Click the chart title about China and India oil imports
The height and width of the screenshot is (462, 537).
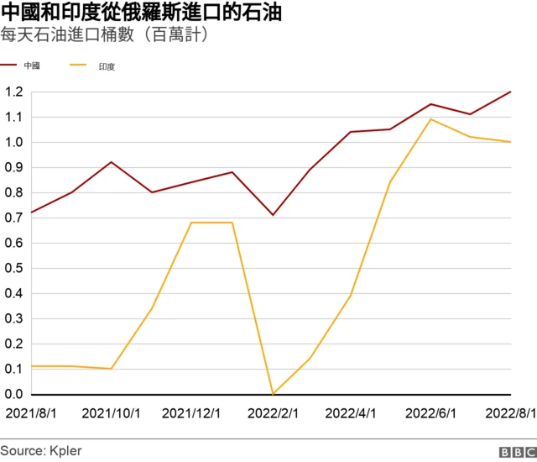tap(141, 13)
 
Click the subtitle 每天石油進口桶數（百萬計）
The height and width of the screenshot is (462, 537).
tap(105, 36)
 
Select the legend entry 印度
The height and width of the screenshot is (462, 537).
tap(106, 65)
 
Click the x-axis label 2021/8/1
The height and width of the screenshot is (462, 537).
tap(32, 413)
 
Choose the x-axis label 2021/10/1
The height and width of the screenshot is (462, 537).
tap(110, 413)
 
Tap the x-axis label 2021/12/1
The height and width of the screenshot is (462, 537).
tap(191, 413)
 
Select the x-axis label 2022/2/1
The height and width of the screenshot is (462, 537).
tap(273, 413)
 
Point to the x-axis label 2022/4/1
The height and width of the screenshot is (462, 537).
tap(352, 413)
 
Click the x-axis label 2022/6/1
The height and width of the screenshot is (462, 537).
tap(431, 413)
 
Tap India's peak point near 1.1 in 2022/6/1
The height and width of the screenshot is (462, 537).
tap(431, 119)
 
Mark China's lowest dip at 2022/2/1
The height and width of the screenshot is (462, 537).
tap(272, 215)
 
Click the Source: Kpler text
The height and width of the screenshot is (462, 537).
tap(41, 451)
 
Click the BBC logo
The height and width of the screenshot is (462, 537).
tap(515, 452)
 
